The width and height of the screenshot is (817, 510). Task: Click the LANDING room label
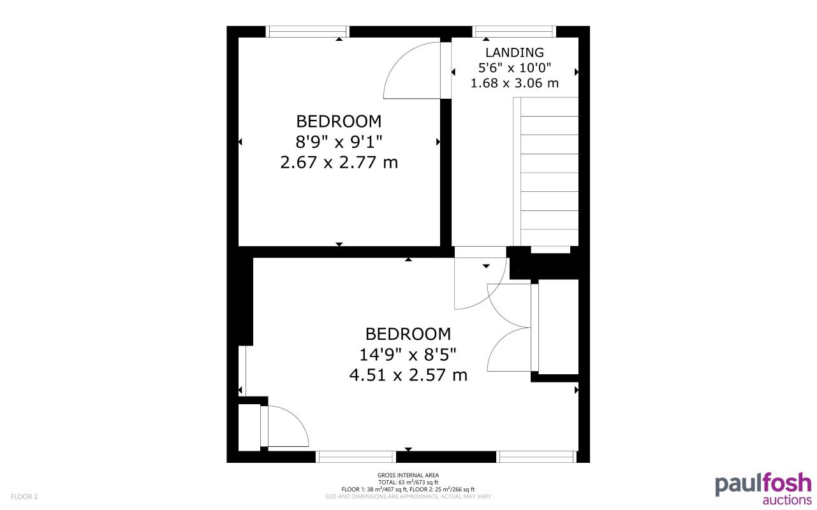pyautogui.click(x=514, y=53)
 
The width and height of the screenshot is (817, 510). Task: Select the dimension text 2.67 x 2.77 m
pyautogui.click(x=339, y=163)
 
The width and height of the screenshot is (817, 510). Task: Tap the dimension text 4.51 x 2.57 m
pyautogui.click(x=408, y=375)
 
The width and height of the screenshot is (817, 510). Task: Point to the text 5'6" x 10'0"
pyautogui.click(x=514, y=68)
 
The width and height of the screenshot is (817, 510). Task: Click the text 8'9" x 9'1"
pyautogui.click(x=339, y=142)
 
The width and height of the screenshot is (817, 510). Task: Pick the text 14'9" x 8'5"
pyautogui.click(x=408, y=354)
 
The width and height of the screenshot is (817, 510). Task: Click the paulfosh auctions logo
pyautogui.click(x=763, y=489)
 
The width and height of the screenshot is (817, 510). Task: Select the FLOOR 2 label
pyautogui.click(x=24, y=497)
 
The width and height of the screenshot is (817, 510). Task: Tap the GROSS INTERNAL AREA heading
pyautogui.click(x=408, y=475)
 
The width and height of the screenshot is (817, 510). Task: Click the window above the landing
pyautogui.click(x=514, y=31)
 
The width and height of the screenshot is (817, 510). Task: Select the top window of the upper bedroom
pyautogui.click(x=307, y=31)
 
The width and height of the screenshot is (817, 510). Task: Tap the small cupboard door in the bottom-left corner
pyautogui.click(x=285, y=426)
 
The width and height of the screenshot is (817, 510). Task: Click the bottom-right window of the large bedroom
pyautogui.click(x=536, y=456)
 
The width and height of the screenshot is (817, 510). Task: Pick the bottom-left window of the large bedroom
pyautogui.click(x=356, y=456)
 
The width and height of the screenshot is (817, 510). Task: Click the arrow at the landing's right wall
pyautogui.click(x=577, y=72)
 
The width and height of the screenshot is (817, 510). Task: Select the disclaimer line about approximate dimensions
pyautogui.click(x=408, y=497)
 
